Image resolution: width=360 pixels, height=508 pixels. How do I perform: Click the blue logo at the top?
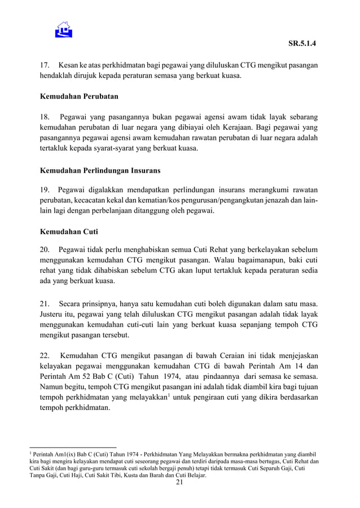click(x=64, y=29)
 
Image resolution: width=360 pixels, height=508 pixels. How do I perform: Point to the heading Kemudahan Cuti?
click(x=65, y=231)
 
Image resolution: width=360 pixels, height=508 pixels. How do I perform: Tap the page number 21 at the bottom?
click(x=180, y=483)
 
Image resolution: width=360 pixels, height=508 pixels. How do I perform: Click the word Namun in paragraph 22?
click(x=54, y=387)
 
